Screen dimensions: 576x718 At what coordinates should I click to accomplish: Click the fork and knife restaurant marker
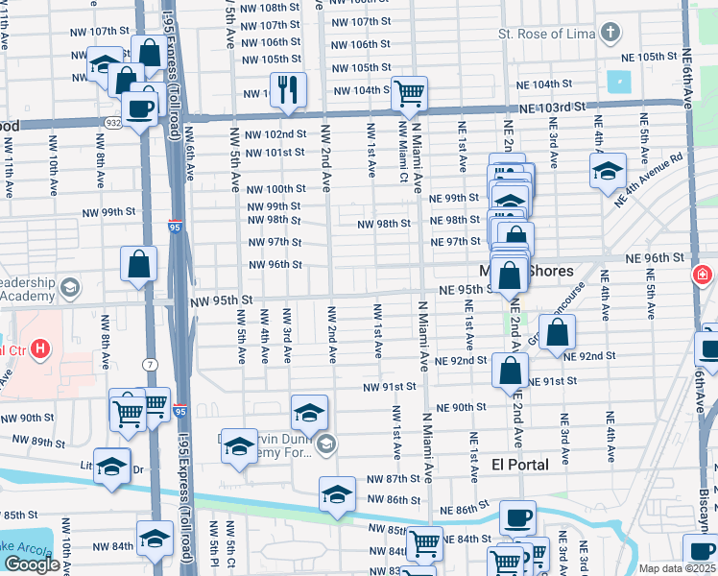tap(288, 90)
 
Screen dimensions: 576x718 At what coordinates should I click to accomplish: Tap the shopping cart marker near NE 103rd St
tap(409, 94)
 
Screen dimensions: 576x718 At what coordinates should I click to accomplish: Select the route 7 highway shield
tap(151, 364)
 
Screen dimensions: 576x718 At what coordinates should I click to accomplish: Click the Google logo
tap(32, 564)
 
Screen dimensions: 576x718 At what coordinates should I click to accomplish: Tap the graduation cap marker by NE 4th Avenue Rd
tap(608, 172)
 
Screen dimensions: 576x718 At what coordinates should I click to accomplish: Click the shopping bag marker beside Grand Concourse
tap(557, 332)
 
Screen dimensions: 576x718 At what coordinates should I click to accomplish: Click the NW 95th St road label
tap(221, 300)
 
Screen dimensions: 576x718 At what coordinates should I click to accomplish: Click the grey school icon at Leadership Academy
tap(70, 287)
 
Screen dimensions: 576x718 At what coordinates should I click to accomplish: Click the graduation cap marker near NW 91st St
tap(309, 413)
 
